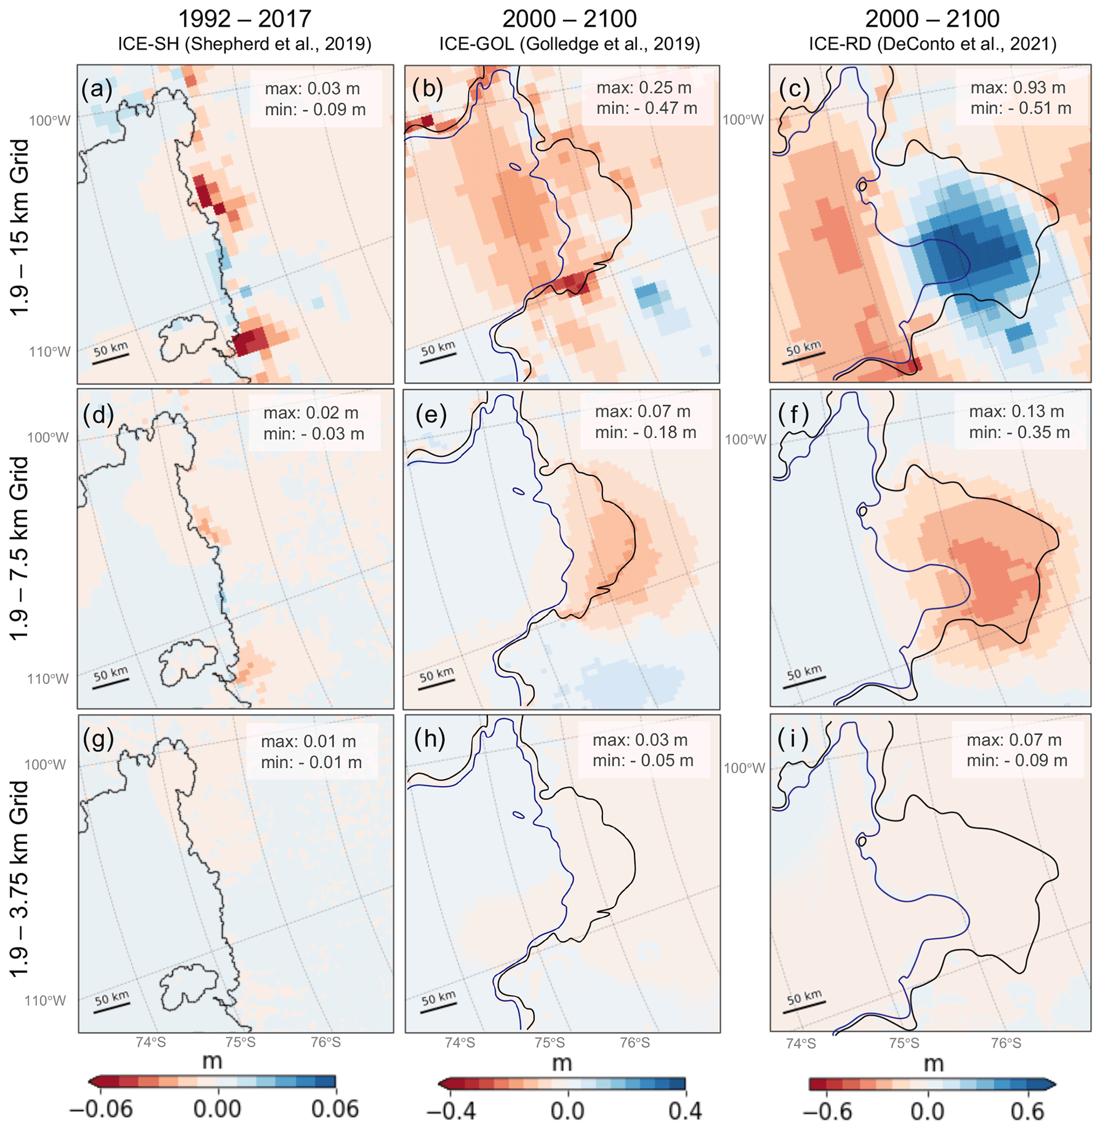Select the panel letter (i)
(x=796, y=740)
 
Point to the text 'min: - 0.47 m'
(x=647, y=108)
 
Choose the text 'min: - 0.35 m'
(x=1019, y=432)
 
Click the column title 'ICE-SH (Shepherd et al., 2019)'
(x=244, y=44)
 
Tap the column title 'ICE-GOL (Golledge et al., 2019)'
(x=569, y=44)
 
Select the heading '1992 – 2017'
(x=244, y=19)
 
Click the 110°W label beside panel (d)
(x=47, y=678)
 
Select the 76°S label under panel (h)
(x=635, y=1043)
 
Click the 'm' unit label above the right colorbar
(x=934, y=1063)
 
